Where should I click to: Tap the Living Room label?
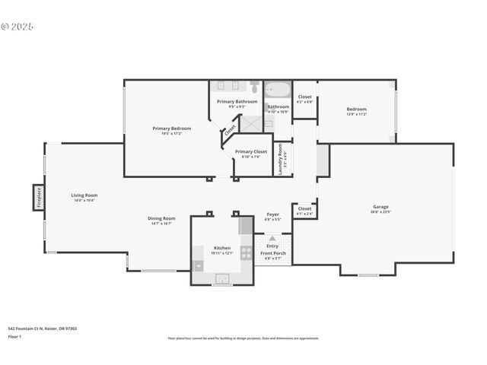coord(84,195)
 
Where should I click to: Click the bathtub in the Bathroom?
coord(277,90)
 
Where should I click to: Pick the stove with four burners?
coord(246,252)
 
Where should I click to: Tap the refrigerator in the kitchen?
coord(245,226)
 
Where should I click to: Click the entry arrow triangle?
coord(272,238)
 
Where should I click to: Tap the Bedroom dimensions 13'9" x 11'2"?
coord(356,115)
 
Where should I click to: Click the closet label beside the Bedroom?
coord(304,97)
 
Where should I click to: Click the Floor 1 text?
coord(14,336)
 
